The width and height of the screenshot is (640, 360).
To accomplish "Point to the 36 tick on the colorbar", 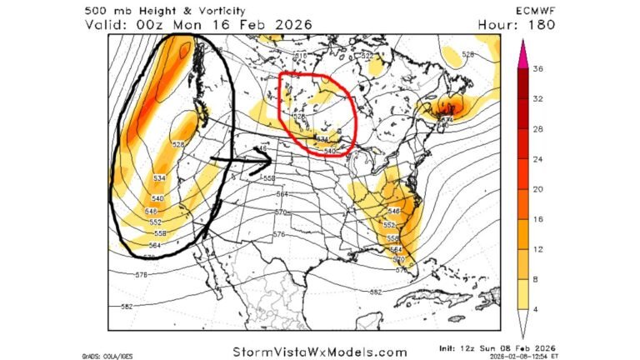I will (x=540, y=70).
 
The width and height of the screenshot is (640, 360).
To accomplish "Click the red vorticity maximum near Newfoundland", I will (x=452, y=107).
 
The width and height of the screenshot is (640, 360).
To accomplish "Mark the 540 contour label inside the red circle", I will (x=331, y=151).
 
